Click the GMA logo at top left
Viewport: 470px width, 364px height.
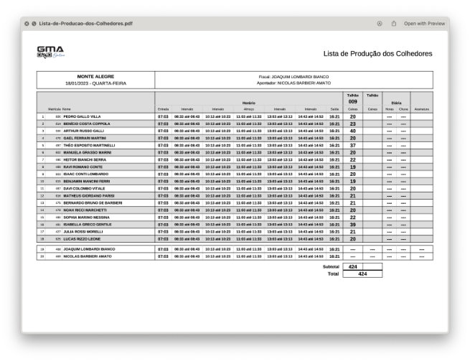click(x=50, y=52)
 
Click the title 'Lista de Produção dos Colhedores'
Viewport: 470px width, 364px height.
click(x=377, y=54)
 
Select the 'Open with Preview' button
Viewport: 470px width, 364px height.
click(x=423, y=24)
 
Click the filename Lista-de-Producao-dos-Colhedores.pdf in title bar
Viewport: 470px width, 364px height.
click(x=85, y=24)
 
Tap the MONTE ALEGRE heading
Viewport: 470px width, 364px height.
click(x=95, y=76)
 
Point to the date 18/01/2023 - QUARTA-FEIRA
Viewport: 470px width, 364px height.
click(x=95, y=83)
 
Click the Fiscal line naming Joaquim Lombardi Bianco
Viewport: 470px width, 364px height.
click(x=293, y=76)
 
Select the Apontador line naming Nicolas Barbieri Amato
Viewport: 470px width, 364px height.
click(x=293, y=83)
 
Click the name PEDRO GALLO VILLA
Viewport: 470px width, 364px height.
click(x=82, y=116)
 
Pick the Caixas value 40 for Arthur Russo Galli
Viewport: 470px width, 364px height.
click(x=352, y=131)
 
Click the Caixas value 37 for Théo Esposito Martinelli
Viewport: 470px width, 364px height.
click(x=352, y=145)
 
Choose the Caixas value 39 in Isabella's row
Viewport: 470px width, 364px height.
click(x=352, y=224)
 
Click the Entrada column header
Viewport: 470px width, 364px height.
click(x=163, y=109)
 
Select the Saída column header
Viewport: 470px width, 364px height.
click(x=334, y=109)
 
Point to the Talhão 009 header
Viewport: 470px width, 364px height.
click(x=352, y=98)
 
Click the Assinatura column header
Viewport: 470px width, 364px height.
click(x=421, y=109)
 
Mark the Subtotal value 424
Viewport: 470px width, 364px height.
click(x=352, y=266)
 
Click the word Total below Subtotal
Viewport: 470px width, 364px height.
click(x=332, y=274)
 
